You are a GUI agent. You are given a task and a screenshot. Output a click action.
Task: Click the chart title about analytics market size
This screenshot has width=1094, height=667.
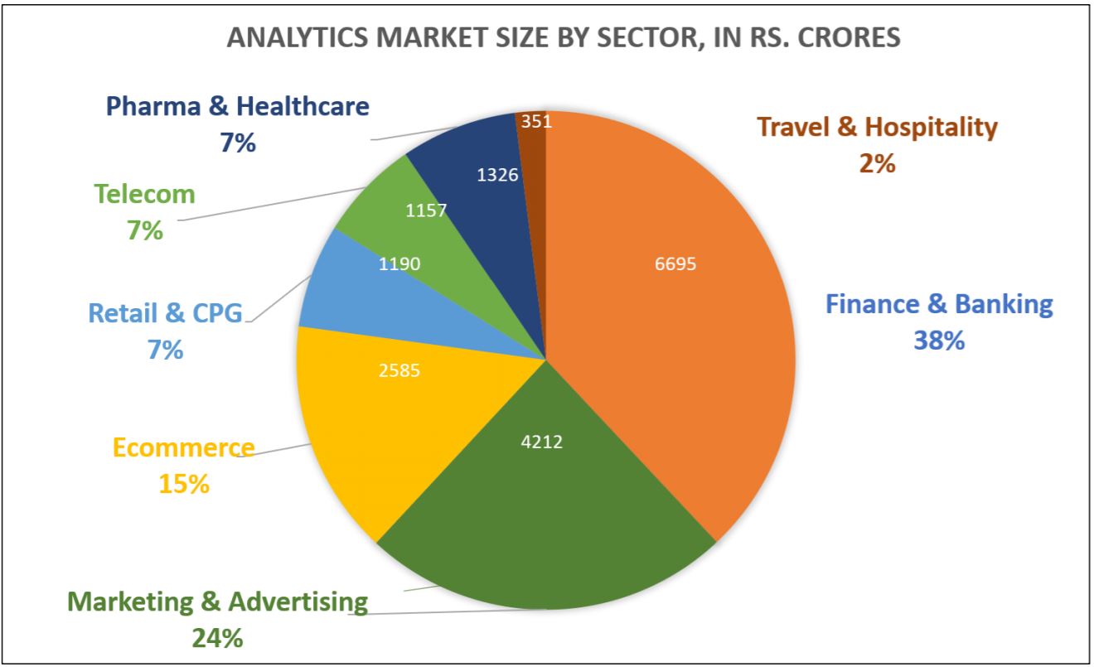click(x=564, y=38)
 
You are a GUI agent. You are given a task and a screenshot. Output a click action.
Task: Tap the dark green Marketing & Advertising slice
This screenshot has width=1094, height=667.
click(x=547, y=514)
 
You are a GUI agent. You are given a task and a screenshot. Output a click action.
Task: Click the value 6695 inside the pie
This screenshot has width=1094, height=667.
click(x=675, y=264)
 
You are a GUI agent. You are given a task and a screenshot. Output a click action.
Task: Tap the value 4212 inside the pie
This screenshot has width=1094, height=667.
click(x=541, y=442)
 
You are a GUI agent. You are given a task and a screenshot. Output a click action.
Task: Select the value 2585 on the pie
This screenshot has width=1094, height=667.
click(x=399, y=370)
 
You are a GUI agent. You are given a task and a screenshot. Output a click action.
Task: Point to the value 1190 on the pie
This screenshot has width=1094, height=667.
click(x=400, y=264)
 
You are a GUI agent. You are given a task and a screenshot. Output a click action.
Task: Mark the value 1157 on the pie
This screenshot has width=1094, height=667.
click(x=426, y=210)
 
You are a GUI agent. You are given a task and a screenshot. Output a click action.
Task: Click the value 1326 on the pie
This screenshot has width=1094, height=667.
click(x=499, y=175)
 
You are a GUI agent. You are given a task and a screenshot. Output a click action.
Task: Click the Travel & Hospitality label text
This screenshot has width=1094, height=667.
click(x=878, y=127)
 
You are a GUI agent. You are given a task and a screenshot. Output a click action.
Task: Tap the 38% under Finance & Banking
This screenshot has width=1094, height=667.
click(x=940, y=340)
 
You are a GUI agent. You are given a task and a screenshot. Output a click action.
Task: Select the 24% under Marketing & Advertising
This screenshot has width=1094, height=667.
click(x=217, y=638)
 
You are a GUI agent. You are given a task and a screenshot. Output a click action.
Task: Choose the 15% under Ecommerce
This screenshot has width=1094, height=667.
click(x=184, y=483)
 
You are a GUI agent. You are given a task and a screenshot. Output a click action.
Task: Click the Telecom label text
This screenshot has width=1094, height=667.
click(x=145, y=194)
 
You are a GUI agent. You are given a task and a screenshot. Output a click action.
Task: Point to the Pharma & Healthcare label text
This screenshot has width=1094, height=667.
click(x=238, y=106)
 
